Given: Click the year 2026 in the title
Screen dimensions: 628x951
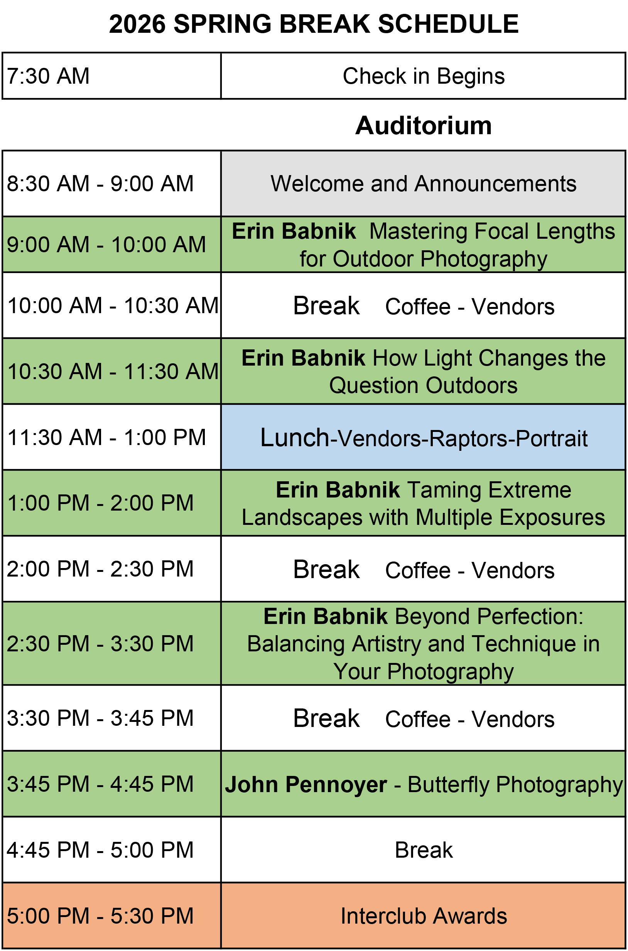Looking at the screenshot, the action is (137, 24).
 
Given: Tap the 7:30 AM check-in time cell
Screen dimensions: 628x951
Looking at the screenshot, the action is (112, 76).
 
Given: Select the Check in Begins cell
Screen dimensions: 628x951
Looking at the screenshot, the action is (423, 76).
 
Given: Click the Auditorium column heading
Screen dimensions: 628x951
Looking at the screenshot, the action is (423, 125).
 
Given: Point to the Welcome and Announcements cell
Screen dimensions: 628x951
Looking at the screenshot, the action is (423, 184).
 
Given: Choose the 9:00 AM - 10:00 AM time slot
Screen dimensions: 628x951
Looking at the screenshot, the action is (112, 244).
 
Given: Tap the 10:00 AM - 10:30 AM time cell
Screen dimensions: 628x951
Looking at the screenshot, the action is (112, 305).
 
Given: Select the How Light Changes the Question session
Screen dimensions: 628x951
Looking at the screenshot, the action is (423, 371).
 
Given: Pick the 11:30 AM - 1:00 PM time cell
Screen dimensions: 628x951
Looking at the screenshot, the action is (112, 437).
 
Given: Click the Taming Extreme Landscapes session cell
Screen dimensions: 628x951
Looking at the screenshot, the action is (423, 503).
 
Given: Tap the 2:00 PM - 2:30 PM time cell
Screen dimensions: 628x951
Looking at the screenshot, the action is (112, 568).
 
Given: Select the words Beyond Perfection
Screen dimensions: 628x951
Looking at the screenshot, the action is (489, 616).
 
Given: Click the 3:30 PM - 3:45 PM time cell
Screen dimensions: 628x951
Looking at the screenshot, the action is (112, 718).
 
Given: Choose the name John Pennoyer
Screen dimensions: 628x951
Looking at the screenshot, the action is (306, 784).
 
